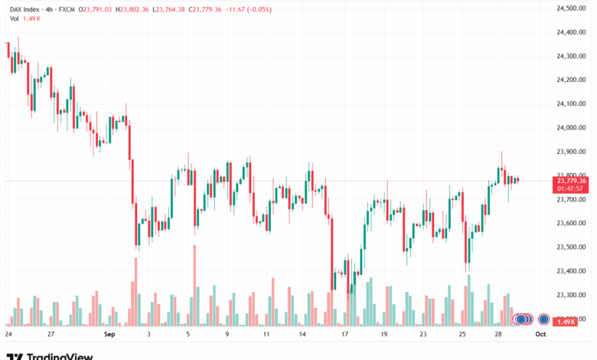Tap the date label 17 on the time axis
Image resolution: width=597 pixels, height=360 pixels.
345,335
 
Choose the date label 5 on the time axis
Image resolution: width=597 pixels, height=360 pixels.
188,335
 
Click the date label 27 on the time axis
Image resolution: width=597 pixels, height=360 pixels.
50,335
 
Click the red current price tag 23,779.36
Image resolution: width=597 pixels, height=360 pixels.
573,181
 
